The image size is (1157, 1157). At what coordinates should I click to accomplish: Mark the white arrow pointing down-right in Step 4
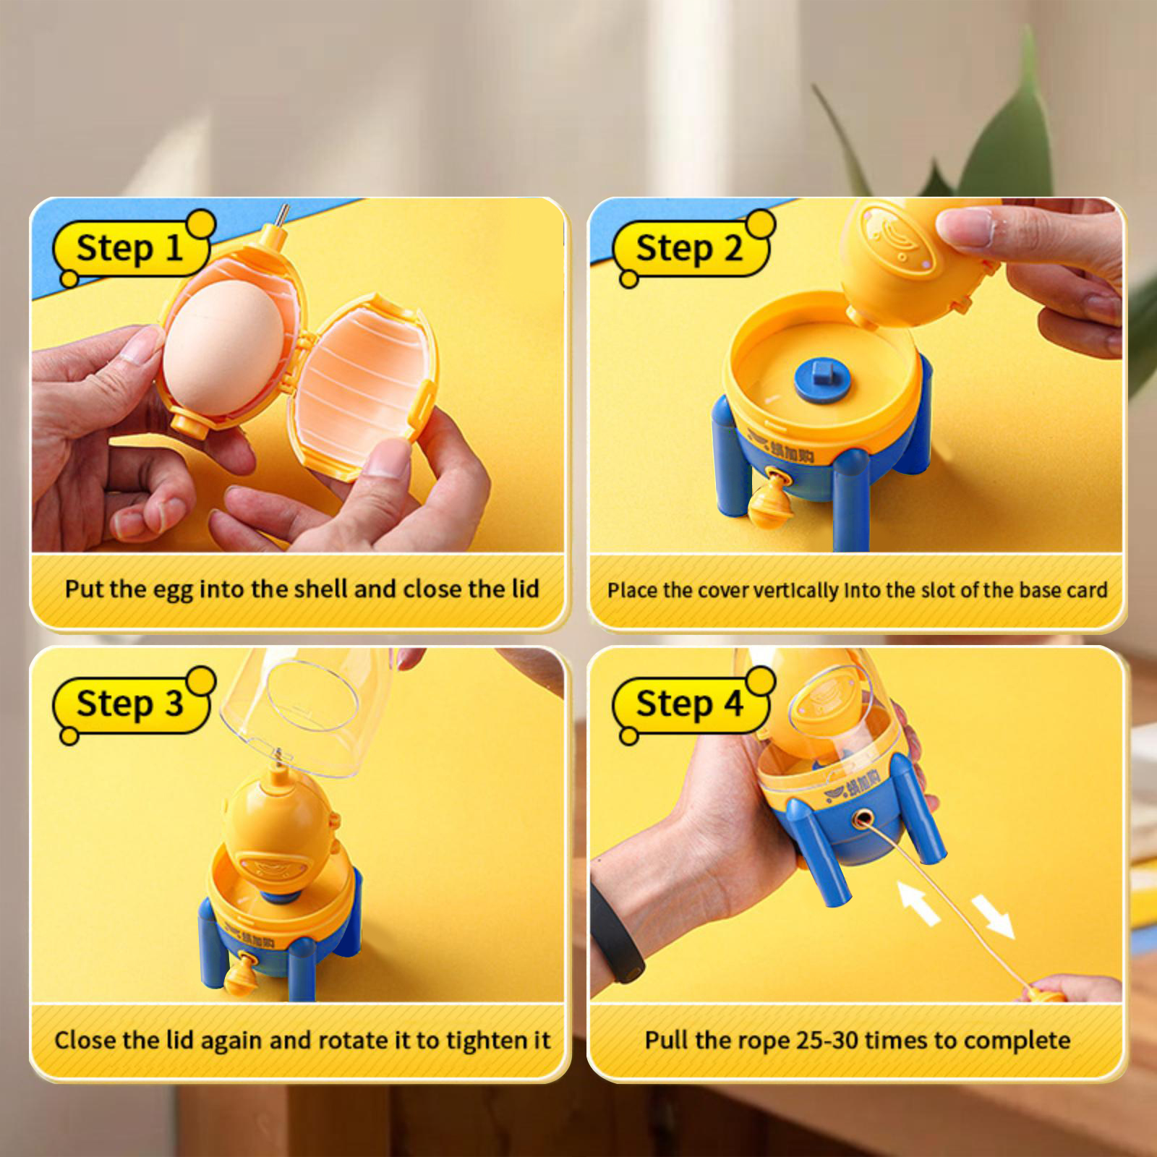[993, 917]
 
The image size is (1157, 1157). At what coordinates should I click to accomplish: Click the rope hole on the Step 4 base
[861, 820]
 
